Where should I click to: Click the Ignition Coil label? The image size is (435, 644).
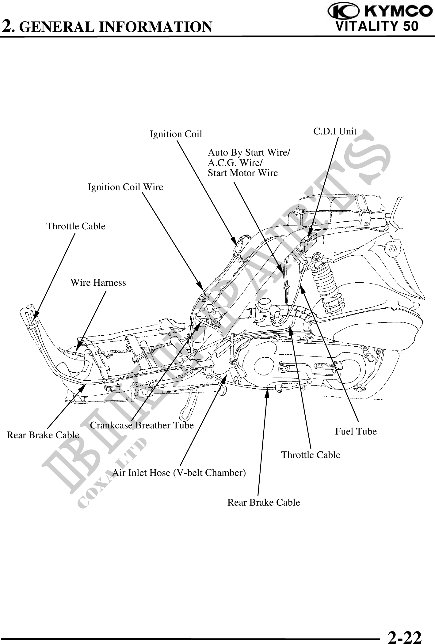pos(176,134)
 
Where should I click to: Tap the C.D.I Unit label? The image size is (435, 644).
pos(335,131)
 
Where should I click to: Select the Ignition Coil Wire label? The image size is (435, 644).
pos(125,187)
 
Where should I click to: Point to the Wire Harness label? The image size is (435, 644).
pos(98,282)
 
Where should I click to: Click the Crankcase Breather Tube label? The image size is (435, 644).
pos(142,425)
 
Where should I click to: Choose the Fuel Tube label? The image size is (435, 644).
pos(356,431)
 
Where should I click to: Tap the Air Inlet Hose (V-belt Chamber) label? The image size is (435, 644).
pos(179,473)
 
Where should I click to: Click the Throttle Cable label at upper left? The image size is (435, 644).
pos(76,226)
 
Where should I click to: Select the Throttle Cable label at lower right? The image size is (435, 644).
pos(311,455)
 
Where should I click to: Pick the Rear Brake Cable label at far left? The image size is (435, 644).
pos(43,435)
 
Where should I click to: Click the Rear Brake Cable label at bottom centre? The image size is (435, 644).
pos(264,502)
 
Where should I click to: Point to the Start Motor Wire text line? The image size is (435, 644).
pos(243,173)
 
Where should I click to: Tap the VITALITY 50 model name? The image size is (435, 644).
pos(377,26)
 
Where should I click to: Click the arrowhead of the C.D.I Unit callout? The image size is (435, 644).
pos(310,232)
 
